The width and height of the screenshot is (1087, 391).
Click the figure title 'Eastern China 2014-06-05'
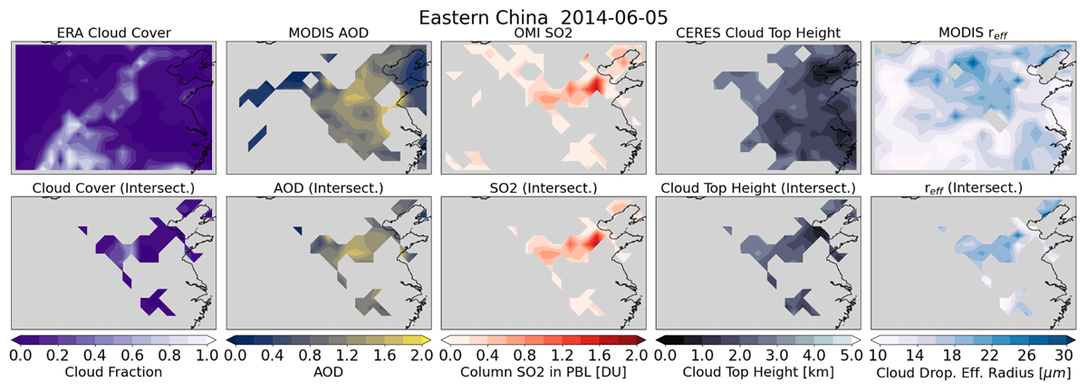point(543,17)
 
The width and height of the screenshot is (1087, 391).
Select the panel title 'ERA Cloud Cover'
point(113,33)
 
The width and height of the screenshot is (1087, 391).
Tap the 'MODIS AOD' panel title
point(329,33)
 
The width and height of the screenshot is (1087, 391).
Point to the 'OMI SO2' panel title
point(543,33)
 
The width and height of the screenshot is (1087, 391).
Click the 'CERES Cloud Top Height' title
point(758,33)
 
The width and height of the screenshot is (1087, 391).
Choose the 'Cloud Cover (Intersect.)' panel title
point(113,188)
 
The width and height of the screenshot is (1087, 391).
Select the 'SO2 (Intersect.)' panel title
point(543,188)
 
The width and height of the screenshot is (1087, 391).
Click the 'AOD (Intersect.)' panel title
point(329,188)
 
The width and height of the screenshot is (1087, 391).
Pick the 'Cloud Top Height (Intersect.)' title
point(758,188)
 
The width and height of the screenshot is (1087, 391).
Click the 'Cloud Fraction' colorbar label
point(113,372)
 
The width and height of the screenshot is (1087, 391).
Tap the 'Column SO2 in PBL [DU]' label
point(543,372)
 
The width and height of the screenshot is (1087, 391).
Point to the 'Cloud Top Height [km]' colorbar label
point(758,372)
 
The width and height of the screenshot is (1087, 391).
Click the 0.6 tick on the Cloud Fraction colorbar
point(132,355)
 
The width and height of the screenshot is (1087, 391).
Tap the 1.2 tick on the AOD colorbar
point(347,355)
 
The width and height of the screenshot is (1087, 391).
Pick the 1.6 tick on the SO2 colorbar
point(600,355)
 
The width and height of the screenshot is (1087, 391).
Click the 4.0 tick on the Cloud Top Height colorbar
point(814,355)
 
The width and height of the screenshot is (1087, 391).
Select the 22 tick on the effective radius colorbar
point(989,355)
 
